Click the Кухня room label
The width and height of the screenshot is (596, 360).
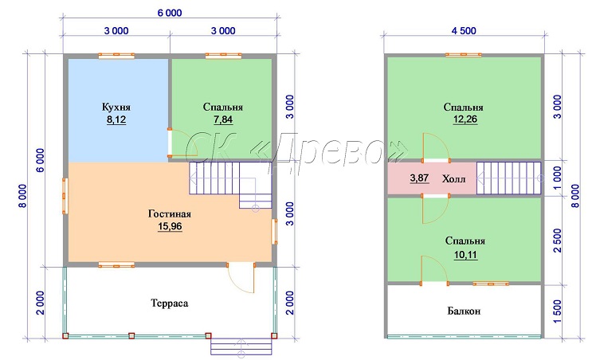pos(116,107)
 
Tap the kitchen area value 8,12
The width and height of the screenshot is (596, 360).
pos(116,120)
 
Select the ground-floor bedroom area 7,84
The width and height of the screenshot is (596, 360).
pos(223,120)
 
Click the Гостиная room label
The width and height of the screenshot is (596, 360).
pos(170,213)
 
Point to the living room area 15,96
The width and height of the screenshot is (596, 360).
pos(170,227)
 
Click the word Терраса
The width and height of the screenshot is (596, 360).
pos(170,303)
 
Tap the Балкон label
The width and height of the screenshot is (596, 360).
pos(464,311)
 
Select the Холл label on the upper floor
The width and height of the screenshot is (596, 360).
pos(453,178)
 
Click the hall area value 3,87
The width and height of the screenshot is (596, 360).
pos(420,178)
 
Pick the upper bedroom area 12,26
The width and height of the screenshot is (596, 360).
pos(465,119)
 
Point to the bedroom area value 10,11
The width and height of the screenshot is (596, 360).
pos(465,255)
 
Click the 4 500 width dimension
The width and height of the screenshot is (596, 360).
pos(464,31)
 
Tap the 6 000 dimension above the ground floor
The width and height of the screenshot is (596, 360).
pos(170,13)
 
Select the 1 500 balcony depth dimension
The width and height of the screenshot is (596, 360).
pos(557,311)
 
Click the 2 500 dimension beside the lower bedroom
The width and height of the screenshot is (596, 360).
pos(557,241)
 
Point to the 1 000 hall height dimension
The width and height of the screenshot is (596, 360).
pos(557,178)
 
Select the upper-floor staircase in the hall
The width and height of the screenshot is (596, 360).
pos(509,178)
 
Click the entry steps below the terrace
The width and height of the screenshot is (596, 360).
pos(241,346)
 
